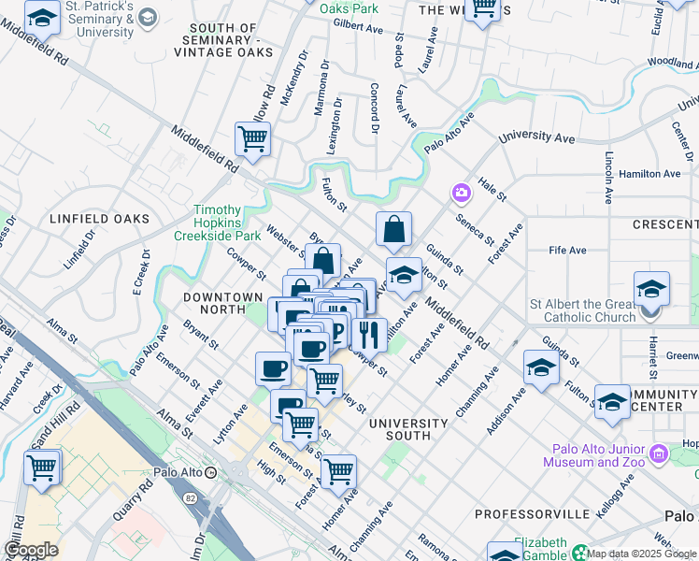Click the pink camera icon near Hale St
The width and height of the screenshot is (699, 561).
(x=461, y=194)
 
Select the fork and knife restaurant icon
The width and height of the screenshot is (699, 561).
(x=369, y=334)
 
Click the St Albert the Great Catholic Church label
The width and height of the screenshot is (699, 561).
(x=583, y=310)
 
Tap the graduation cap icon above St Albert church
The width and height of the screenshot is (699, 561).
(x=651, y=287)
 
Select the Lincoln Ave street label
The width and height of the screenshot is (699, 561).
(x=608, y=177)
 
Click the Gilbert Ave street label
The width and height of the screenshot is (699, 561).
(x=358, y=29)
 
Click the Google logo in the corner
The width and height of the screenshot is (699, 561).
(x=31, y=550)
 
